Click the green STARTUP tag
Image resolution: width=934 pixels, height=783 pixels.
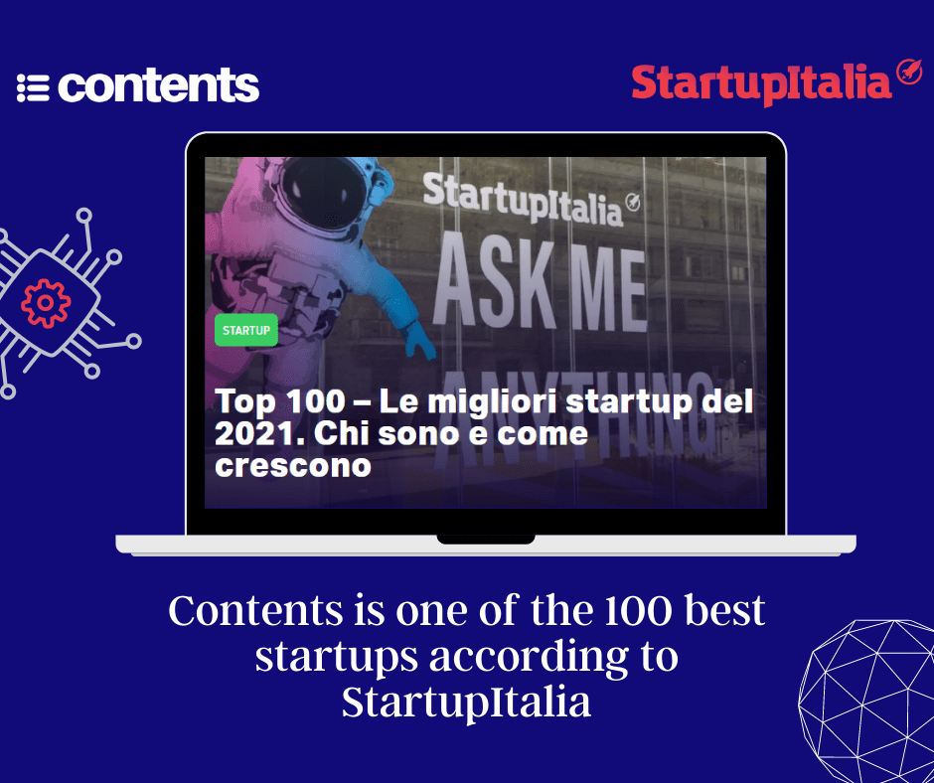(245, 330)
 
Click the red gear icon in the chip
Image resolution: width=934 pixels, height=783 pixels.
(46, 303)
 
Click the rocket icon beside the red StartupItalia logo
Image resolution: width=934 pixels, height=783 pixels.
(908, 74)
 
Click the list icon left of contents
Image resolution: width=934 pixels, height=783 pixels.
(33, 87)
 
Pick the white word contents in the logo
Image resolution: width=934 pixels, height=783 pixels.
(159, 86)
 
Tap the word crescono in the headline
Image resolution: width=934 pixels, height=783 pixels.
(293, 465)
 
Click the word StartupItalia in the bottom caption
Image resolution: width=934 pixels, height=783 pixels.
(466, 703)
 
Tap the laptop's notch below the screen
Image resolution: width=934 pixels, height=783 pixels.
(486, 539)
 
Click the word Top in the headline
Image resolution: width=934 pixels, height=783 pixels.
(243, 402)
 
